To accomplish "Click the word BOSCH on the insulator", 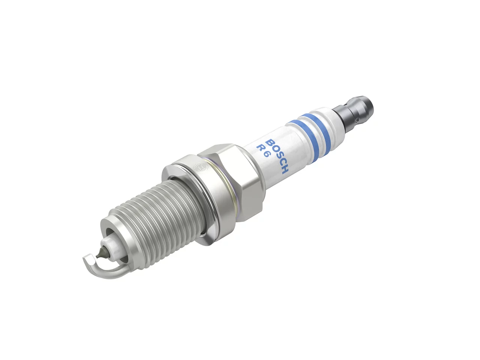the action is point(277,156).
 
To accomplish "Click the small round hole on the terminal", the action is point(357,120).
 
